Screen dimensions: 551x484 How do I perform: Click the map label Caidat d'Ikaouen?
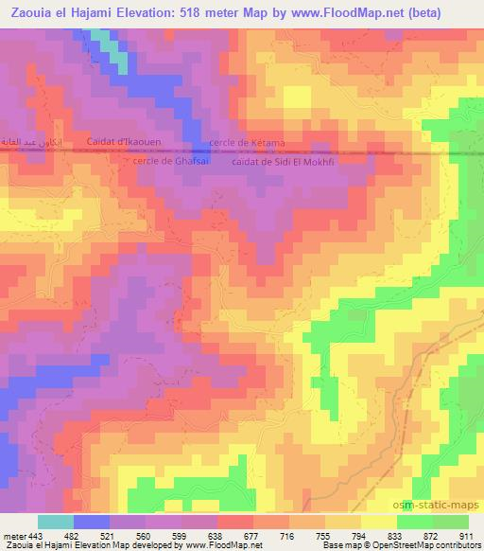coord(124,143)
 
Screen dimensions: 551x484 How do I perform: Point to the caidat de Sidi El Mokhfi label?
coord(284,161)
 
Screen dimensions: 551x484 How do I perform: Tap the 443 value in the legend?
coord(35,535)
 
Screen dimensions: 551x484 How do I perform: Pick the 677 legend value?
coord(251,535)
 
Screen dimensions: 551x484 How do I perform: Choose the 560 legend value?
coord(144,535)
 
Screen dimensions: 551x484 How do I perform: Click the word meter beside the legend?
coord(12,535)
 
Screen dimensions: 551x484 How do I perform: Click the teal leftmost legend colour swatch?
coord(55,522)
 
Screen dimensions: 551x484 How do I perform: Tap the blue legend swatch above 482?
coord(91,522)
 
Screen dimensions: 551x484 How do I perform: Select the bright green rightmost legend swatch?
coord(451,522)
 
